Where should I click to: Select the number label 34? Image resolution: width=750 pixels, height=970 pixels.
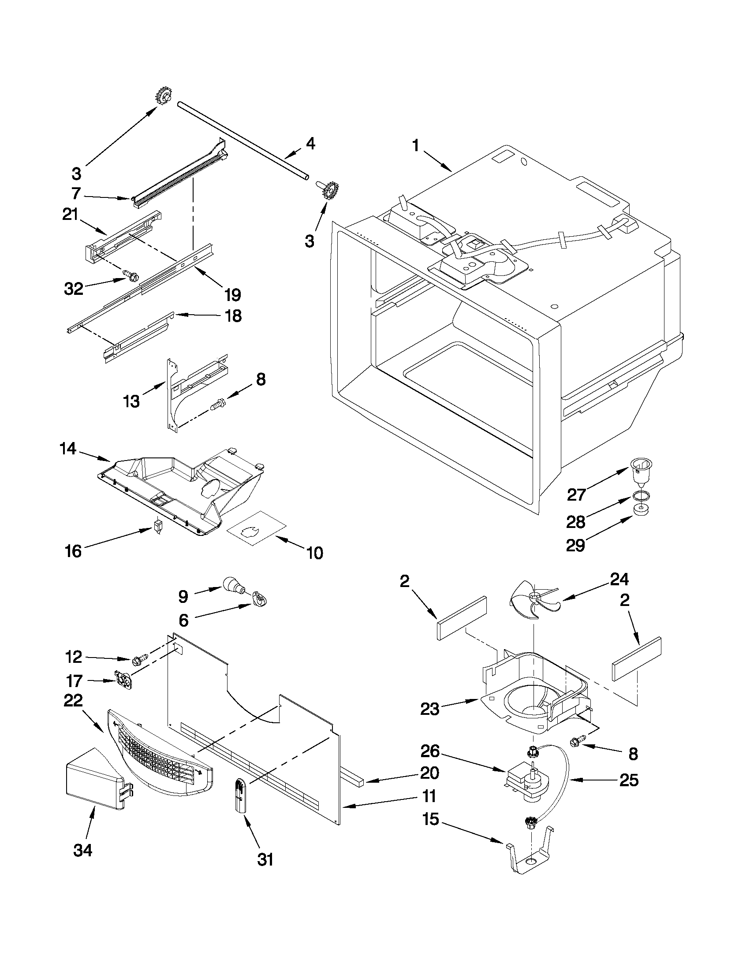pyautogui.click(x=82, y=851)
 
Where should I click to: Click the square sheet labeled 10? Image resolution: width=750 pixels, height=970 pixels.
pyautogui.click(x=256, y=528)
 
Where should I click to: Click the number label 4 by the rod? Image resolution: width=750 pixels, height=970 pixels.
pyautogui.click(x=310, y=144)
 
